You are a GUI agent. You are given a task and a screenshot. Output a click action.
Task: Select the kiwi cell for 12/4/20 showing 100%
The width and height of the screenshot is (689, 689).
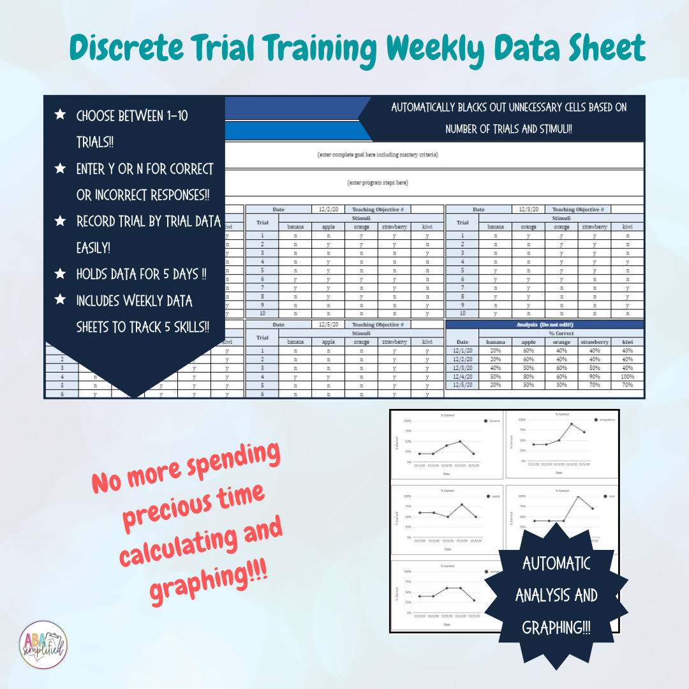click(x=626, y=376)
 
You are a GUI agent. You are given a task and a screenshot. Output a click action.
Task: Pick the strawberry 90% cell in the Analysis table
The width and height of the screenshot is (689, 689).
click(x=594, y=376)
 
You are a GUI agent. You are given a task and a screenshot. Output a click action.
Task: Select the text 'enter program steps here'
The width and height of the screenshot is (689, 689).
click(x=377, y=182)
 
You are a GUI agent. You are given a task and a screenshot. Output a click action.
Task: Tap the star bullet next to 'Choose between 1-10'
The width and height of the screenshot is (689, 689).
click(x=60, y=115)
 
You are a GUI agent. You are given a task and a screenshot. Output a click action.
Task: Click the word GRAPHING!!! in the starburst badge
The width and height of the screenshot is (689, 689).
click(x=556, y=628)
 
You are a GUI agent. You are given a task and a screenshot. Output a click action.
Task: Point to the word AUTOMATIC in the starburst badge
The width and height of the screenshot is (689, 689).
click(x=556, y=563)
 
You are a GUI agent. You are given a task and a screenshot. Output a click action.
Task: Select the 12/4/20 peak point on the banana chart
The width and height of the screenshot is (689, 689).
click(x=460, y=441)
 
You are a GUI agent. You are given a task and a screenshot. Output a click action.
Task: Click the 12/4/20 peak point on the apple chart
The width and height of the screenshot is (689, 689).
click(x=461, y=505)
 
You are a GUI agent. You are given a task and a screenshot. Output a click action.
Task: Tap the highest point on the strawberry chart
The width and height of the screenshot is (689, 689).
click(x=572, y=424)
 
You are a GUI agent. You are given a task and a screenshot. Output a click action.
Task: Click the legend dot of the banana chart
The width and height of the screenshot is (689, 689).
click(x=485, y=421)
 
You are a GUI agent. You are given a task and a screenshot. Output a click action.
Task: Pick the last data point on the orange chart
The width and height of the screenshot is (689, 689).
click(x=474, y=600)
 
